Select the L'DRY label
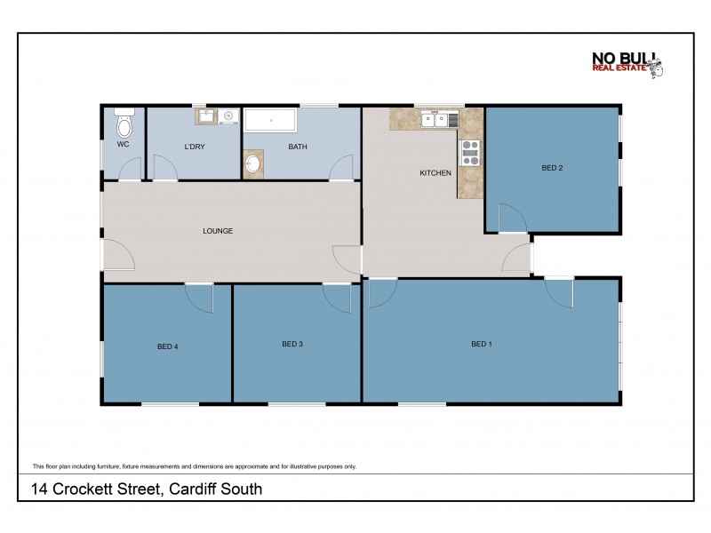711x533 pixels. point(195,147)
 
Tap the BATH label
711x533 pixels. point(297,147)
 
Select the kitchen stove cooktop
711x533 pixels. point(469,154)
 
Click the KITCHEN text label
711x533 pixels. point(435,173)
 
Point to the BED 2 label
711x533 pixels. point(552,167)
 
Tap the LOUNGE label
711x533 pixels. point(218,231)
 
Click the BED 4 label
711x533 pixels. point(168,346)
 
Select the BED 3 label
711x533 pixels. point(293,344)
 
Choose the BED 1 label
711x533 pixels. point(482,344)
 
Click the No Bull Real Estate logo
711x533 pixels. point(627,64)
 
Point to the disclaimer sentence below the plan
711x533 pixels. point(194,465)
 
